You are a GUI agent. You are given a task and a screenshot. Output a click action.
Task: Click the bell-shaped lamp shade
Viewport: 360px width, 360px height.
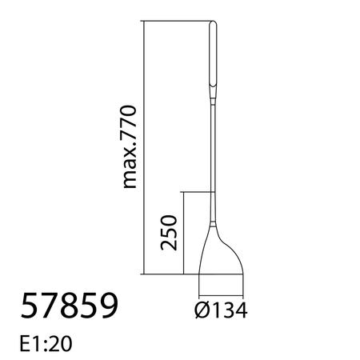(x=220, y=254)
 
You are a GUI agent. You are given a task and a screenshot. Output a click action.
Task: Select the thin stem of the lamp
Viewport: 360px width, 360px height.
(x=214, y=152)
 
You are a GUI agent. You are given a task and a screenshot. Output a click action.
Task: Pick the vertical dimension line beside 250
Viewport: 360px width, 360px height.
(x=184, y=232)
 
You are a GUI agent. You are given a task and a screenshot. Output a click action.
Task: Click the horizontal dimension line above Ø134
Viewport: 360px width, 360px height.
(x=221, y=290)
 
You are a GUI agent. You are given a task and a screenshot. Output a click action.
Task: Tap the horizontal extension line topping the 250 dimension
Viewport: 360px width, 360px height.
(x=196, y=192)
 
